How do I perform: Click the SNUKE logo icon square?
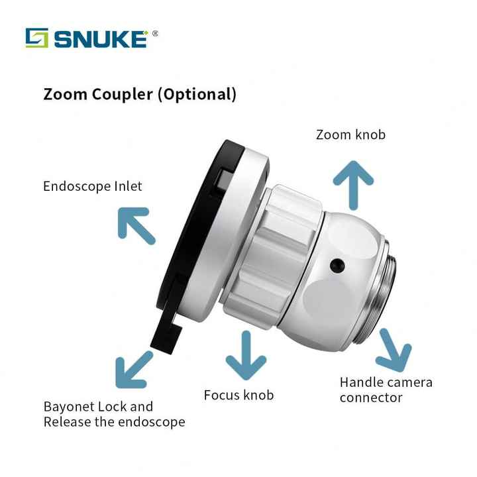36,38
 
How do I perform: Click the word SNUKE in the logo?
99,38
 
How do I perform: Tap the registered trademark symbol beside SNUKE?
155,32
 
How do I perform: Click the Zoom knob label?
350,134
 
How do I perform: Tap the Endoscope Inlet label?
93,186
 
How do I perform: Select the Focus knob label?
238,396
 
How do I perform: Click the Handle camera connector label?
386,390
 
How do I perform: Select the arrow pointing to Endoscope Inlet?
136,226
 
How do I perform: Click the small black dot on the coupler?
337,264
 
